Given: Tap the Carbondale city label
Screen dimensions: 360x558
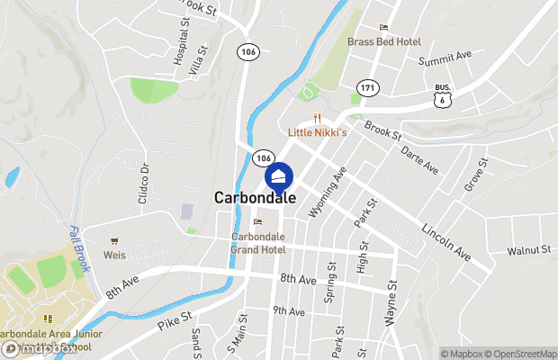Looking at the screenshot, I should [256, 198].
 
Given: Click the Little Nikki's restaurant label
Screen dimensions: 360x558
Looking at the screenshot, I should [318, 131].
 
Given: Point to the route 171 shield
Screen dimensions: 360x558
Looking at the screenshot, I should [365, 87].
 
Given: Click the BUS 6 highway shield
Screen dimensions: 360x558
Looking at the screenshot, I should [442, 97].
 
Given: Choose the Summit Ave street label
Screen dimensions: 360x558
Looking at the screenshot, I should [445, 57].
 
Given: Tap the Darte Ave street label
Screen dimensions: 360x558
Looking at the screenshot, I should [419, 160].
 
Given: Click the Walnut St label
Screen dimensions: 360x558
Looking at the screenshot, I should [528, 251].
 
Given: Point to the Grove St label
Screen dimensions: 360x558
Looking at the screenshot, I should [475, 175].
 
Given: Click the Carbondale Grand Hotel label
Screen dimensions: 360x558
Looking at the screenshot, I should [257, 243].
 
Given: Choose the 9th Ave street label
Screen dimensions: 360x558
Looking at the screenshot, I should [290, 311].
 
